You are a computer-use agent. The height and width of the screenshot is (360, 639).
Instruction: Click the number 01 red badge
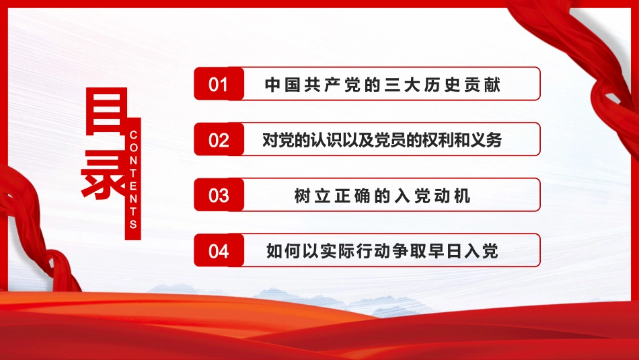[219, 84]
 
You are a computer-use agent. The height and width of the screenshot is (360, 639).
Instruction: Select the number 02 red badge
[219, 140]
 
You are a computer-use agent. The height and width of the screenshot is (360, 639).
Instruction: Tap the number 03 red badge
[219, 195]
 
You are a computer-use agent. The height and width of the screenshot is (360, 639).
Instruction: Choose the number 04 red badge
[219, 251]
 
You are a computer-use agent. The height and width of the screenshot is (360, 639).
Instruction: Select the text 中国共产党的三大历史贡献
[382, 85]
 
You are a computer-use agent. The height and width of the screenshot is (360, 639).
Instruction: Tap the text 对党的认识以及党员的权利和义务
[382, 140]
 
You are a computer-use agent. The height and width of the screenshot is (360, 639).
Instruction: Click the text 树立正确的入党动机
[382, 196]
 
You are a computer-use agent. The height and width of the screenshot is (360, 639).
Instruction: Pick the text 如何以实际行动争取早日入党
[382, 252]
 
